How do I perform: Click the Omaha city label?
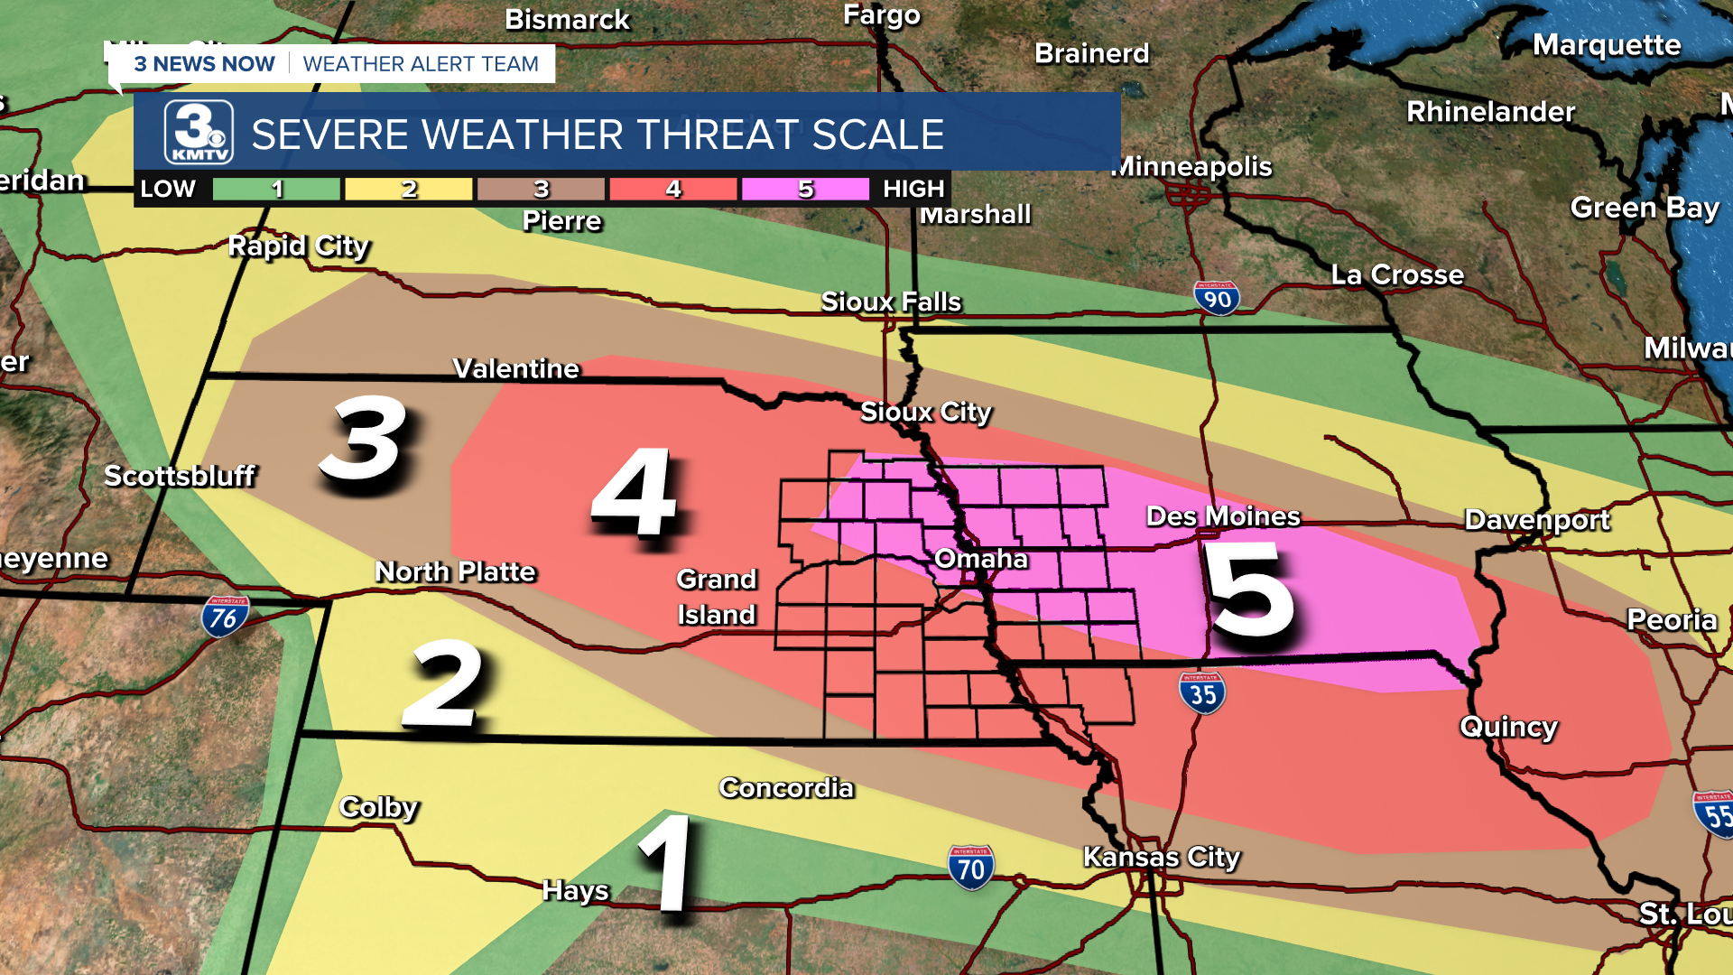click(x=980, y=559)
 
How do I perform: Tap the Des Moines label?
click(x=1222, y=516)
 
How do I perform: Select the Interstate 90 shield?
click(x=1216, y=298)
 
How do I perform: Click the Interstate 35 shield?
click(x=1201, y=693)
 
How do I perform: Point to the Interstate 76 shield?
click(x=224, y=617)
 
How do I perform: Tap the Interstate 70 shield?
click(x=970, y=868)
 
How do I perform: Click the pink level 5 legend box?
click(x=805, y=189)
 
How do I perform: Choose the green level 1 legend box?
click(x=277, y=189)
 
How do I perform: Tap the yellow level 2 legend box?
click(x=409, y=189)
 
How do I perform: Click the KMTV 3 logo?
click(x=199, y=133)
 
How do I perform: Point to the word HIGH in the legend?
click(x=913, y=189)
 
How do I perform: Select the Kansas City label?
click(x=1161, y=856)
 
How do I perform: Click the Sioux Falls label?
click(x=891, y=302)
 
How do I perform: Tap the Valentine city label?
click(x=515, y=368)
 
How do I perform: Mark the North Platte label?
click(x=455, y=571)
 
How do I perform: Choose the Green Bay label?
click(x=1644, y=208)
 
